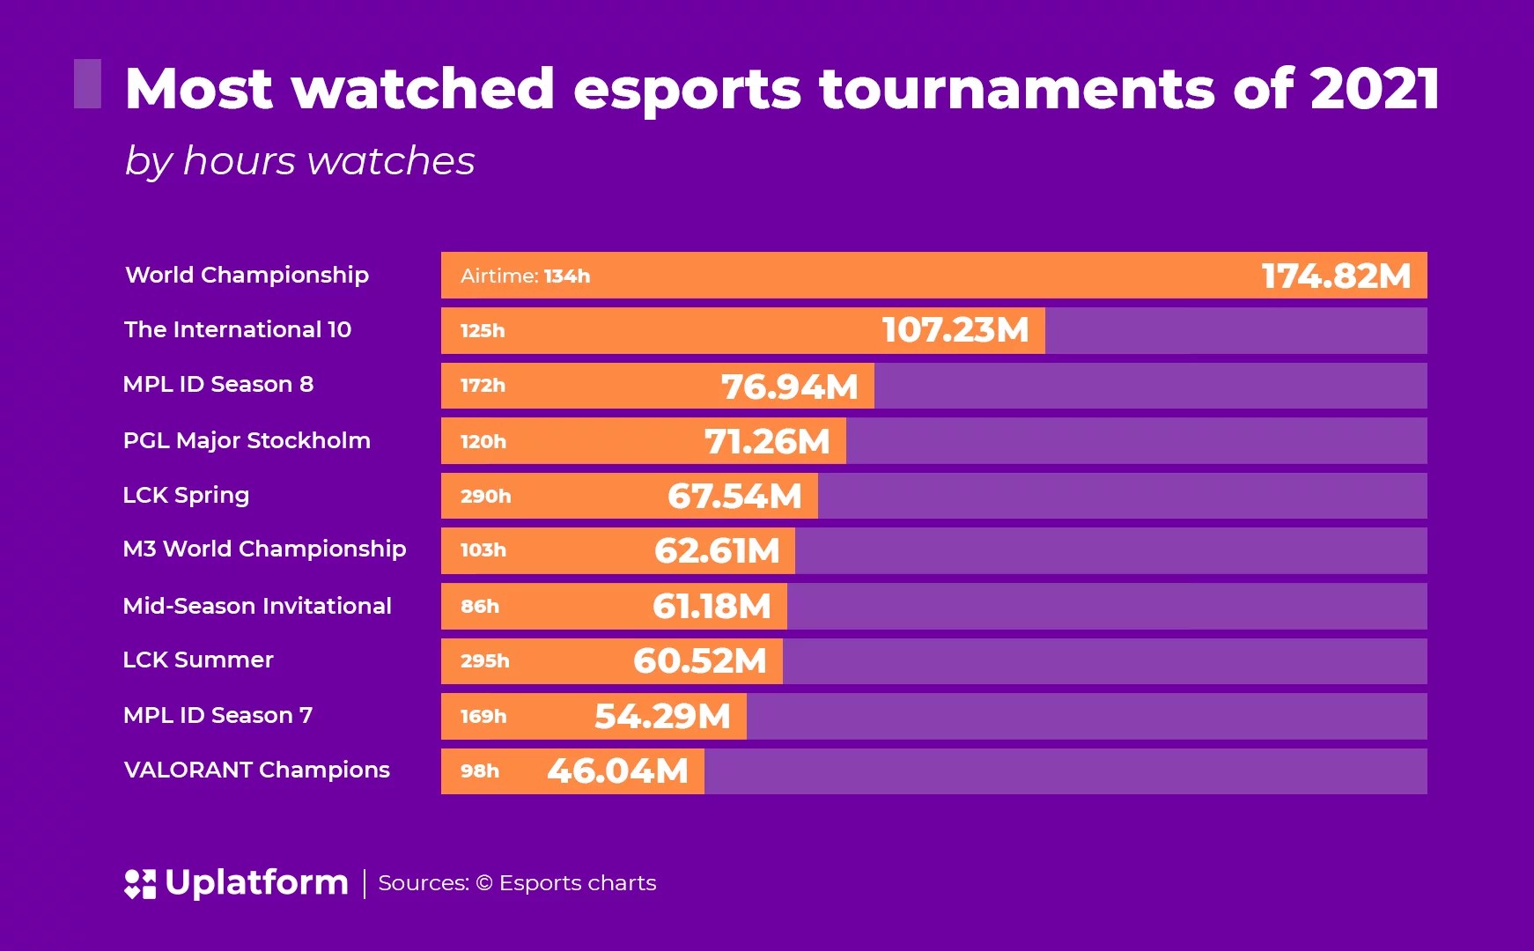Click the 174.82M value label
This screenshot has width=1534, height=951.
pyautogui.click(x=1335, y=276)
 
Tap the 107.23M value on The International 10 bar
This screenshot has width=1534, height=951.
pyautogui.click(x=955, y=330)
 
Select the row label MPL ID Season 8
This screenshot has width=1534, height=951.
pyautogui.click(x=218, y=385)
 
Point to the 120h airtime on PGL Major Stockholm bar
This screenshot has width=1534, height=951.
pyautogui.click(x=483, y=441)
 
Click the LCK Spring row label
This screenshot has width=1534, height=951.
pyautogui.click(x=186, y=495)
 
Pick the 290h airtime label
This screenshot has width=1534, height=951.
pyautogui.click(x=485, y=496)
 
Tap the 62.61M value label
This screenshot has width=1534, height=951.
pyautogui.click(x=717, y=551)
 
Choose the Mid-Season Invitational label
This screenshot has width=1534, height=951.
pyautogui.click(x=257, y=606)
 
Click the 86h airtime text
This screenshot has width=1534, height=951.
pyautogui.click(x=480, y=606)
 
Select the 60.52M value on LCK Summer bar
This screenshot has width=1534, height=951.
pyautogui.click(x=699, y=661)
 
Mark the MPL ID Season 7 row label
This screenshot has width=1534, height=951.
pyautogui.click(x=218, y=715)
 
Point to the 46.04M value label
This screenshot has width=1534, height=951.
pyautogui.click(x=616, y=771)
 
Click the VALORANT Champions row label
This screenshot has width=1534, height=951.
pyautogui.click(x=256, y=770)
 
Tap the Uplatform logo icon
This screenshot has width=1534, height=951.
pyautogui.click(x=140, y=883)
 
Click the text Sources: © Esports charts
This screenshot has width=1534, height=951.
pyautogui.click(x=517, y=883)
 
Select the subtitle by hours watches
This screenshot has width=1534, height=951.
pyautogui.click(x=299, y=162)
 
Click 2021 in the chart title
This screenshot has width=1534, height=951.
pyautogui.click(x=1375, y=89)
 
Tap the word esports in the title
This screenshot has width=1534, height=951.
pyautogui.click(x=687, y=89)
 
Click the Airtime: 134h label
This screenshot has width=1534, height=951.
pyautogui.click(x=525, y=276)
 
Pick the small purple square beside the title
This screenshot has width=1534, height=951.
pyautogui.click(x=87, y=84)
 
